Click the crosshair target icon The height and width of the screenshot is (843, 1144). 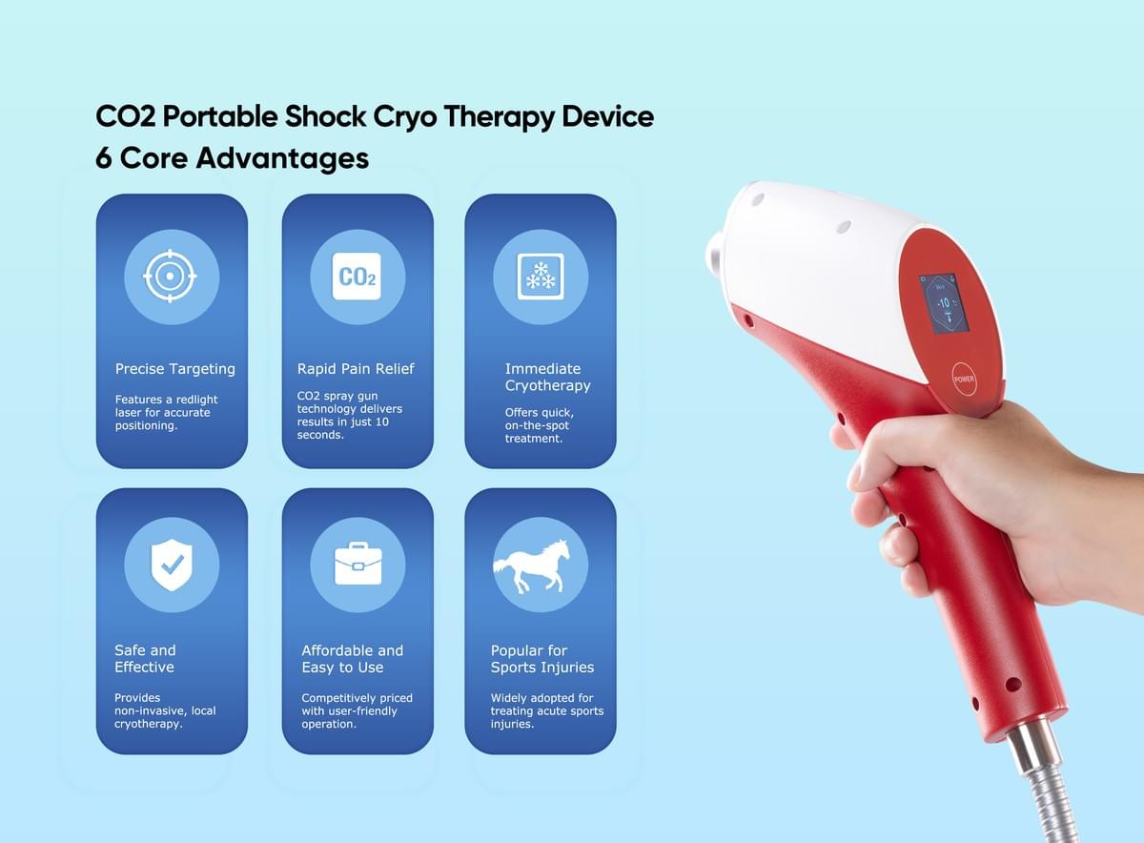pyautogui.click(x=170, y=276)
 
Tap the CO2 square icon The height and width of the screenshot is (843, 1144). pyautogui.click(x=357, y=277)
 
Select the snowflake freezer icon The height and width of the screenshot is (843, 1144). pyautogui.click(x=541, y=277)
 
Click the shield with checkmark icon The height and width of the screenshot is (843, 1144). pyautogui.click(x=172, y=565)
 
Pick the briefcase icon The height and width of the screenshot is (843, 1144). pyautogui.click(x=357, y=564)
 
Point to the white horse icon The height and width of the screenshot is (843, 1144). pyautogui.click(x=531, y=566)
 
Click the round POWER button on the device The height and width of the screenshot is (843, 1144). pyautogui.click(x=964, y=380)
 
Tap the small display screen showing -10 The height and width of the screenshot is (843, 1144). pyautogui.click(x=943, y=303)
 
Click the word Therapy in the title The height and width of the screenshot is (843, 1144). pyautogui.click(x=499, y=117)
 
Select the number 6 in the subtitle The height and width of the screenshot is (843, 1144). pyautogui.click(x=104, y=158)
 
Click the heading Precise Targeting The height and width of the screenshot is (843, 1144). pyautogui.click(x=175, y=369)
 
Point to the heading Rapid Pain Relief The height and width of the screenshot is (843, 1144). pyautogui.click(x=356, y=368)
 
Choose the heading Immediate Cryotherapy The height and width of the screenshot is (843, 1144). pyautogui.click(x=547, y=377)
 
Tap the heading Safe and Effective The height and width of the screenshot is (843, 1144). pyautogui.click(x=145, y=659)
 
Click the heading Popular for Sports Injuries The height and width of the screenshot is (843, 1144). pyautogui.click(x=542, y=659)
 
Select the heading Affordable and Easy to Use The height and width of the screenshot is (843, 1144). pyautogui.click(x=353, y=659)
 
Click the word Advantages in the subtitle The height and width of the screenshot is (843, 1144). pyautogui.click(x=282, y=158)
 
